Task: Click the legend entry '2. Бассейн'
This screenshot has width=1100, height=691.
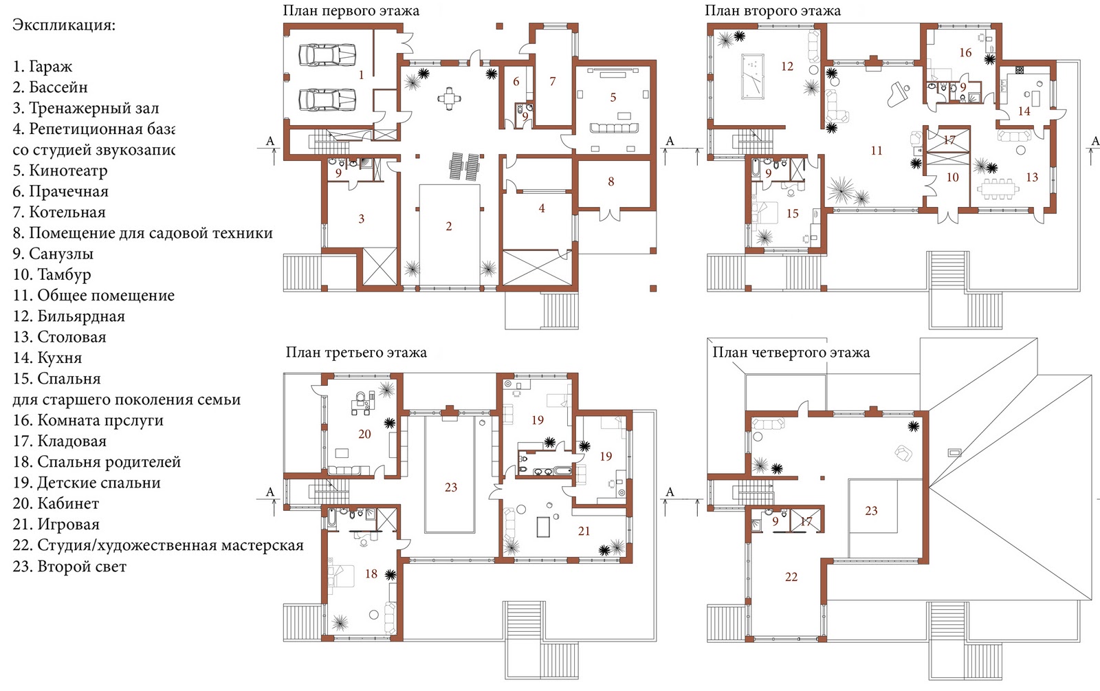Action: (x=50, y=87)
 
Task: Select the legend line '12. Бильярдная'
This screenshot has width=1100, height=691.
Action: (x=69, y=316)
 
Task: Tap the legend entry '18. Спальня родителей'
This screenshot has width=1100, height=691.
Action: (x=97, y=462)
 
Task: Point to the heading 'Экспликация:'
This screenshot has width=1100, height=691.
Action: (x=64, y=25)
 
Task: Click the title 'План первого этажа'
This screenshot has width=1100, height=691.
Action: (x=351, y=11)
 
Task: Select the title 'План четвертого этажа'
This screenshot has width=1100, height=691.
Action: (x=791, y=352)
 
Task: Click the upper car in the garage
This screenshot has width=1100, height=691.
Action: (x=327, y=54)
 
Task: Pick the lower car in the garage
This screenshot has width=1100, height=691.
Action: (x=327, y=100)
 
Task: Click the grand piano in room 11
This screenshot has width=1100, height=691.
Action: (x=898, y=94)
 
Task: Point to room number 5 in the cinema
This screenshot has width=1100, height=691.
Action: (x=613, y=97)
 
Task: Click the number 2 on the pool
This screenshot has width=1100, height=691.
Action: (x=449, y=226)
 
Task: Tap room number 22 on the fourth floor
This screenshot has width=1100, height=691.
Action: (x=791, y=577)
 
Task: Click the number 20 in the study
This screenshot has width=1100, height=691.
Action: (x=364, y=434)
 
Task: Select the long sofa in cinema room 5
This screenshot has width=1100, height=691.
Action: (x=614, y=128)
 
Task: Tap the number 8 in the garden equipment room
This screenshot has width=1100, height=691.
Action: (x=611, y=182)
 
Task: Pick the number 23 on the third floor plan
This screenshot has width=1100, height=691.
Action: (x=451, y=487)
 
